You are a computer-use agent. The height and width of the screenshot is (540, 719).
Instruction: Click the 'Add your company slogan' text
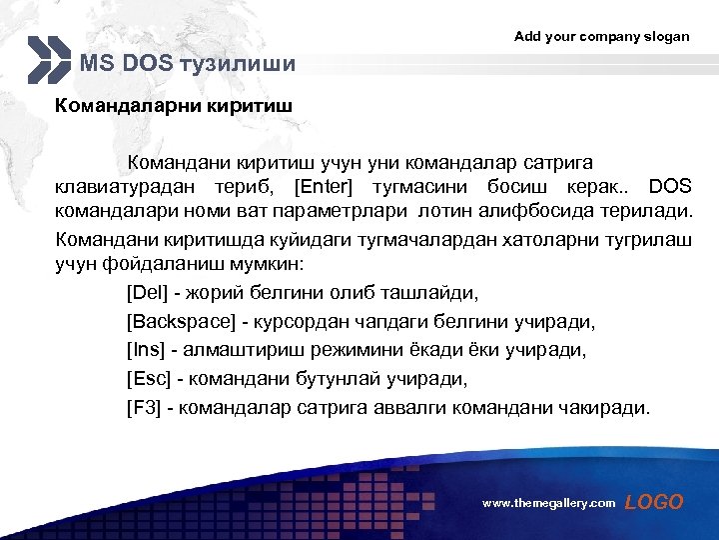pyautogui.click(x=601, y=36)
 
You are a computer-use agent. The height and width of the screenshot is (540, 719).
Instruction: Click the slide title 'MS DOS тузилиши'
pyautogui.click(x=188, y=65)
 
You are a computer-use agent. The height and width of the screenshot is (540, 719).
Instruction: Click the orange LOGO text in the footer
pyautogui.click(x=654, y=502)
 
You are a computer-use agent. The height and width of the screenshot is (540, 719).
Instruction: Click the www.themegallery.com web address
pyautogui.click(x=548, y=504)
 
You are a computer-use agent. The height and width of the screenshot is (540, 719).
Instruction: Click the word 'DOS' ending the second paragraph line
pyautogui.click(x=669, y=187)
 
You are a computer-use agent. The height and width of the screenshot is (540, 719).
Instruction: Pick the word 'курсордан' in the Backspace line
pyautogui.click(x=301, y=322)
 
